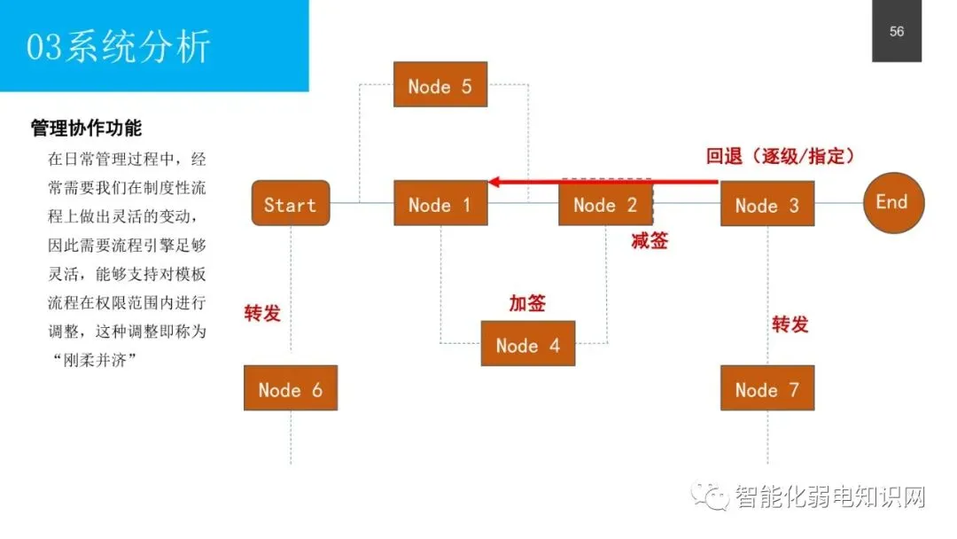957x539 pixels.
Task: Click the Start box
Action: [290, 204]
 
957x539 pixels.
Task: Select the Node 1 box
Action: [440, 204]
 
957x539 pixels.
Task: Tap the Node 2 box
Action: [605, 204]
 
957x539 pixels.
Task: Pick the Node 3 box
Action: [766, 205]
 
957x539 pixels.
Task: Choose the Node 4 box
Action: [527, 344]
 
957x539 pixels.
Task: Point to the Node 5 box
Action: [440, 85]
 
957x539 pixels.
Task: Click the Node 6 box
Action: [291, 388]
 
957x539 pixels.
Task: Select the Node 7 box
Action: [766, 388]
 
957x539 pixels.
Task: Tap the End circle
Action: [892, 202]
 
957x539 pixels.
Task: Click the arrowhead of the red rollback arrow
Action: [494, 182]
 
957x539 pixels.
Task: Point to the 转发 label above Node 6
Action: [262, 312]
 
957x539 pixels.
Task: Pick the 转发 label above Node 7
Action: [790, 324]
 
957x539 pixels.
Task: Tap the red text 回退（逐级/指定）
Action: [781, 156]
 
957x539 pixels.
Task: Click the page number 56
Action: [897, 32]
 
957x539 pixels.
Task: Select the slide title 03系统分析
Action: [119, 46]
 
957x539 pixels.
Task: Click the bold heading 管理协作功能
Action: [86, 128]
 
